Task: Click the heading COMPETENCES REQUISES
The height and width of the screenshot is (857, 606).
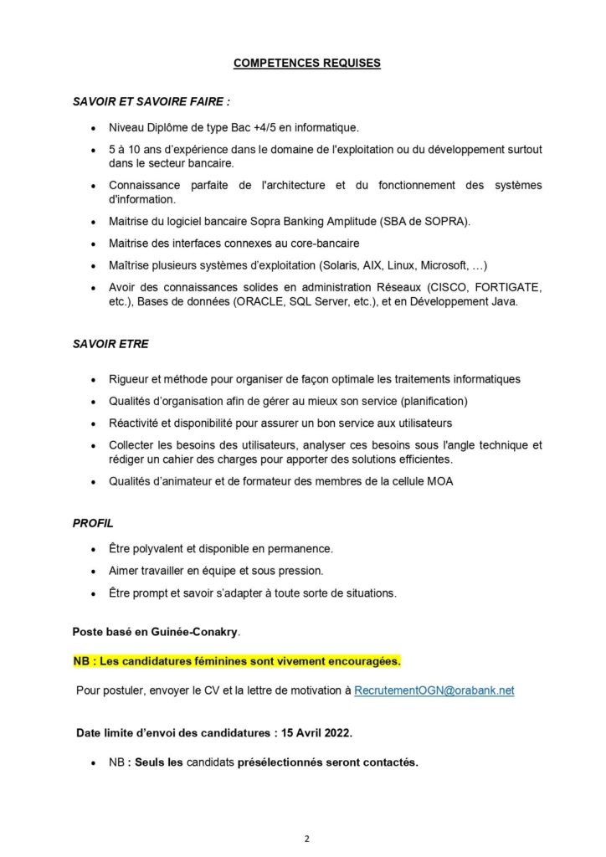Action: tap(306, 63)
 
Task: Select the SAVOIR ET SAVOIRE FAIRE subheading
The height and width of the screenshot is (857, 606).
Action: tap(151, 102)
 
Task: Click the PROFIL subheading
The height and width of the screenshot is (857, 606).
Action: tap(93, 523)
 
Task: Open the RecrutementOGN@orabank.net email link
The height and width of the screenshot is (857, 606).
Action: tap(434, 690)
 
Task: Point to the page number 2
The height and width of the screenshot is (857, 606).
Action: tap(307, 839)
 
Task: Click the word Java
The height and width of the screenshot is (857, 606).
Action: tap(506, 302)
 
